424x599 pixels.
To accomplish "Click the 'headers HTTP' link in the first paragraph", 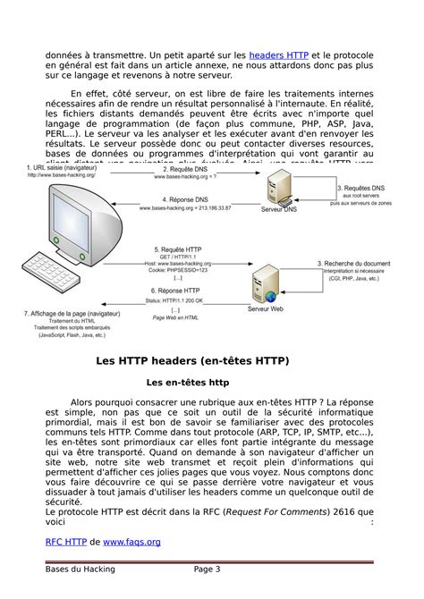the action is (x=278, y=55).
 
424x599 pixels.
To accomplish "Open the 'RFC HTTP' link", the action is (x=66, y=541).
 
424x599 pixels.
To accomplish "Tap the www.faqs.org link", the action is (x=131, y=541).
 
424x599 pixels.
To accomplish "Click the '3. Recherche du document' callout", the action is (x=353, y=264).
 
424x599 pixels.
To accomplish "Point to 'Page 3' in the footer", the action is (x=207, y=569).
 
